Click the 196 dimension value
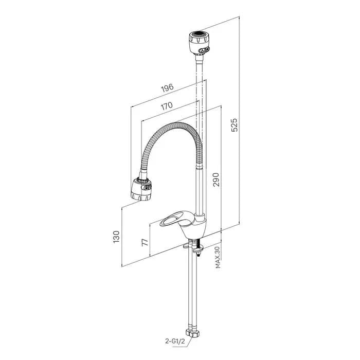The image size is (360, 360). click(167, 88)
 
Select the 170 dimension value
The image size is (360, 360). click(167, 105)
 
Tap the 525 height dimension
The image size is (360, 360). click(235, 125)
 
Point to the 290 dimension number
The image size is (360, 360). click(216, 179)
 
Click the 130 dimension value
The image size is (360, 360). click(116, 237)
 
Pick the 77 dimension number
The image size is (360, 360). click(145, 242)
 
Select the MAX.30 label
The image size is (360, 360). click(218, 257)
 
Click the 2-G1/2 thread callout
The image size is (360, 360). click(175, 341)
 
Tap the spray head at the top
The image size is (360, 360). click(200, 43)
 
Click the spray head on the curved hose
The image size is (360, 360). click(141, 189)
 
